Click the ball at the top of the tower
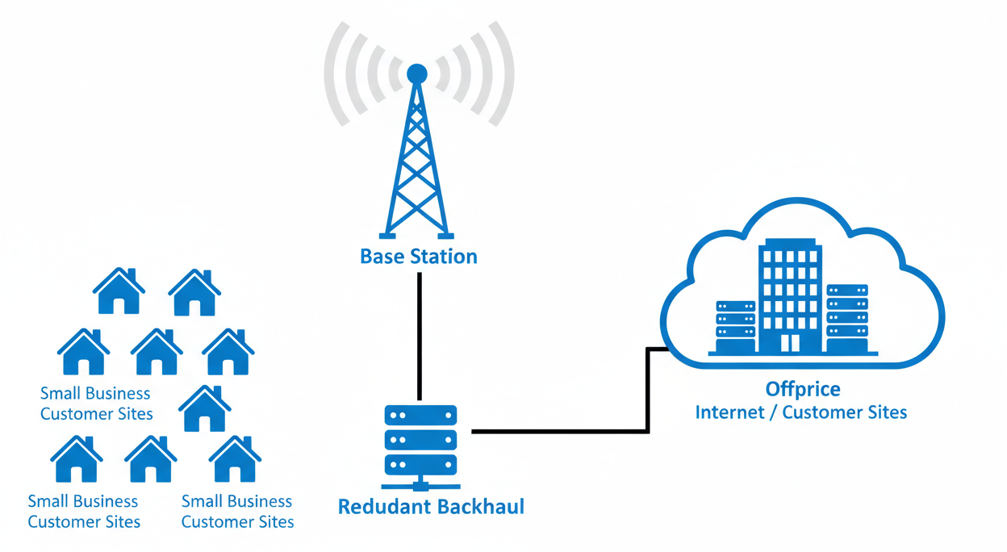(416, 74)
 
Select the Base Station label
(418, 257)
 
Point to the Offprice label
(802, 389)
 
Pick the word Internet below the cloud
(729, 412)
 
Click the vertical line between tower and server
(420, 335)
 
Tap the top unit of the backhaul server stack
(420, 416)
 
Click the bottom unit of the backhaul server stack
(420, 465)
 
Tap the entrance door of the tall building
(790, 343)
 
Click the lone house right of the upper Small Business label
(204, 408)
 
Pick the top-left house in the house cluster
(119, 291)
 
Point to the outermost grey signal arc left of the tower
(330, 73)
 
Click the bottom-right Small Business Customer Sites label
(237, 511)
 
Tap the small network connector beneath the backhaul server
(420, 485)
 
